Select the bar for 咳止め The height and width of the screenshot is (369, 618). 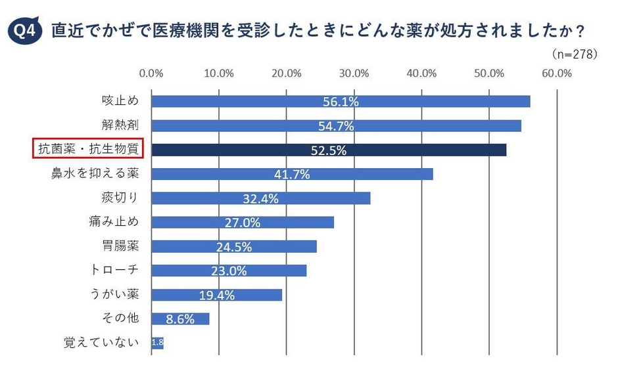tap(341, 101)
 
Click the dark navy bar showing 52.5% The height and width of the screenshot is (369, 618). tap(329, 150)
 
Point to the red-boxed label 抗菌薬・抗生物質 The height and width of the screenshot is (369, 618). tap(88, 150)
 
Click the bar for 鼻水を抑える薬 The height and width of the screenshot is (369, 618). tap(292, 174)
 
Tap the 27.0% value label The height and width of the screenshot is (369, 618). tap(243, 223)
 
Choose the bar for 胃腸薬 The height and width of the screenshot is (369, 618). tap(234, 246)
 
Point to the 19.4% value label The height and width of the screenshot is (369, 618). tap(217, 295)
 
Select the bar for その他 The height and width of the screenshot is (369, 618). tap(180, 318)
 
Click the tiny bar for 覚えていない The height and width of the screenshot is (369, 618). tap(157, 343)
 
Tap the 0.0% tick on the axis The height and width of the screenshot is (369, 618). tap(152, 73)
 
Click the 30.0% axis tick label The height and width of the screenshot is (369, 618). tap(354, 73)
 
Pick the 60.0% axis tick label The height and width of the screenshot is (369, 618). tap(557, 73)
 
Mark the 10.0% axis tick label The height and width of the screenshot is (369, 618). tap(220, 73)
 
